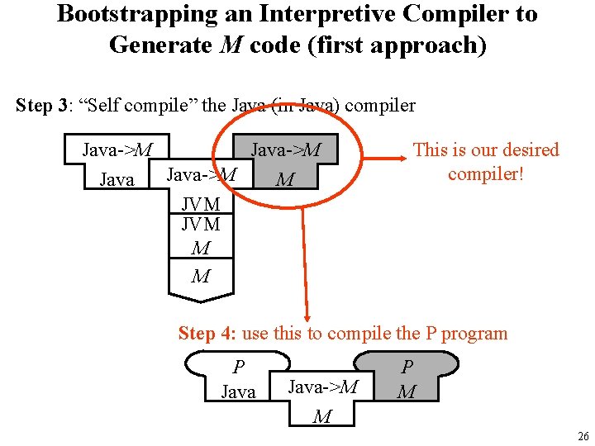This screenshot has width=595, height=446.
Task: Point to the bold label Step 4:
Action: tap(207, 334)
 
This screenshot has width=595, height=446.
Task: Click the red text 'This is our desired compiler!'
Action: tap(486, 162)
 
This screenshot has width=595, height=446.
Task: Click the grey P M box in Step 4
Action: tap(406, 378)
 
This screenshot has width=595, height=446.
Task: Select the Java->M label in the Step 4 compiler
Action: tap(323, 386)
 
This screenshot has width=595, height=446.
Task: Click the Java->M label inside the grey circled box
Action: tap(286, 149)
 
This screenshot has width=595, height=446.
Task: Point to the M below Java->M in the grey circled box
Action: tap(285, 179)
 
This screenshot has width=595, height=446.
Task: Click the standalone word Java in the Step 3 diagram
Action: tap(117, 179)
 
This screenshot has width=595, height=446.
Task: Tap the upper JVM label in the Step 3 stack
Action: tap(201, 204)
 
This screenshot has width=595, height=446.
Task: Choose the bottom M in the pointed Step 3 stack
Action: tap(201, 277)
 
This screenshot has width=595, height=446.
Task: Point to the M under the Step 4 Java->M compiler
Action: tap(322, 417)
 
